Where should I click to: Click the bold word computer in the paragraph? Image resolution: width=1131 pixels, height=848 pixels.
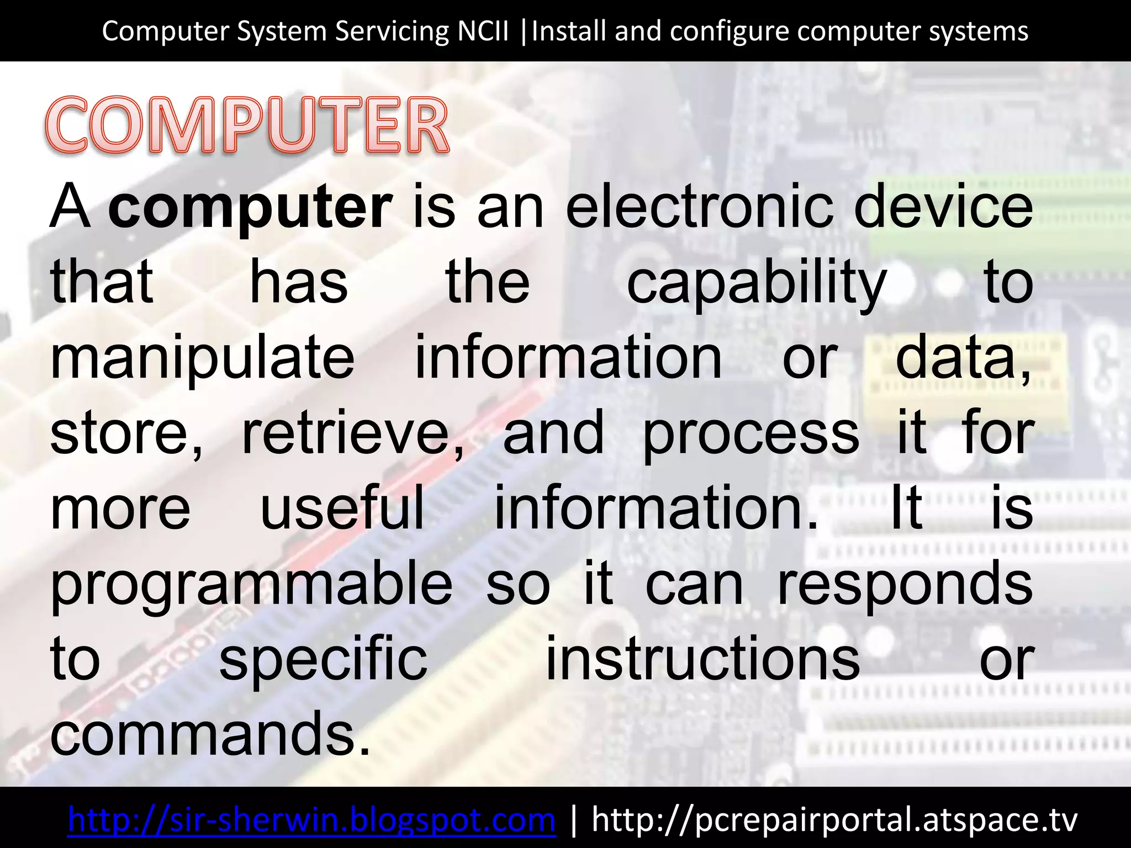pos(250,208)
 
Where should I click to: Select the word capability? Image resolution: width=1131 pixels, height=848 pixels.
pos(757,284)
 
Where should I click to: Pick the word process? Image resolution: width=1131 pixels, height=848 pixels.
pos(751,435)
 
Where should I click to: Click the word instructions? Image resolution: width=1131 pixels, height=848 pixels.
pos(702,658)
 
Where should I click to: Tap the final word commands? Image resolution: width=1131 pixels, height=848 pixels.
pos(210,733)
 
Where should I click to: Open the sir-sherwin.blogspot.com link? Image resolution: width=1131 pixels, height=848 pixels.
pos(311,819)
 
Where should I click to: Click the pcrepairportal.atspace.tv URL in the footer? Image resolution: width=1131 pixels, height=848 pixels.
pos(834,819)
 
